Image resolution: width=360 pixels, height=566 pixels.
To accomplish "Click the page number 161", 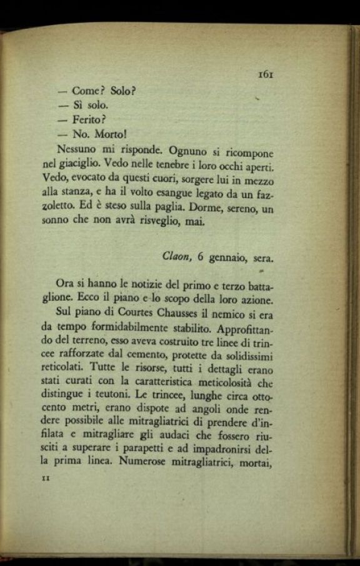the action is tap(266, 74).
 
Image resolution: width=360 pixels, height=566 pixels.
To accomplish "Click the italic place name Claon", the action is tap(176, 257).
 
